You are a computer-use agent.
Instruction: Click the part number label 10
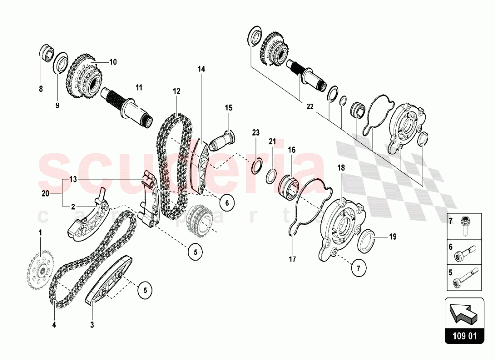113,62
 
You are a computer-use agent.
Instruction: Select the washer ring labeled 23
256,165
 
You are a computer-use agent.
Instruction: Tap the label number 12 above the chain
176,91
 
